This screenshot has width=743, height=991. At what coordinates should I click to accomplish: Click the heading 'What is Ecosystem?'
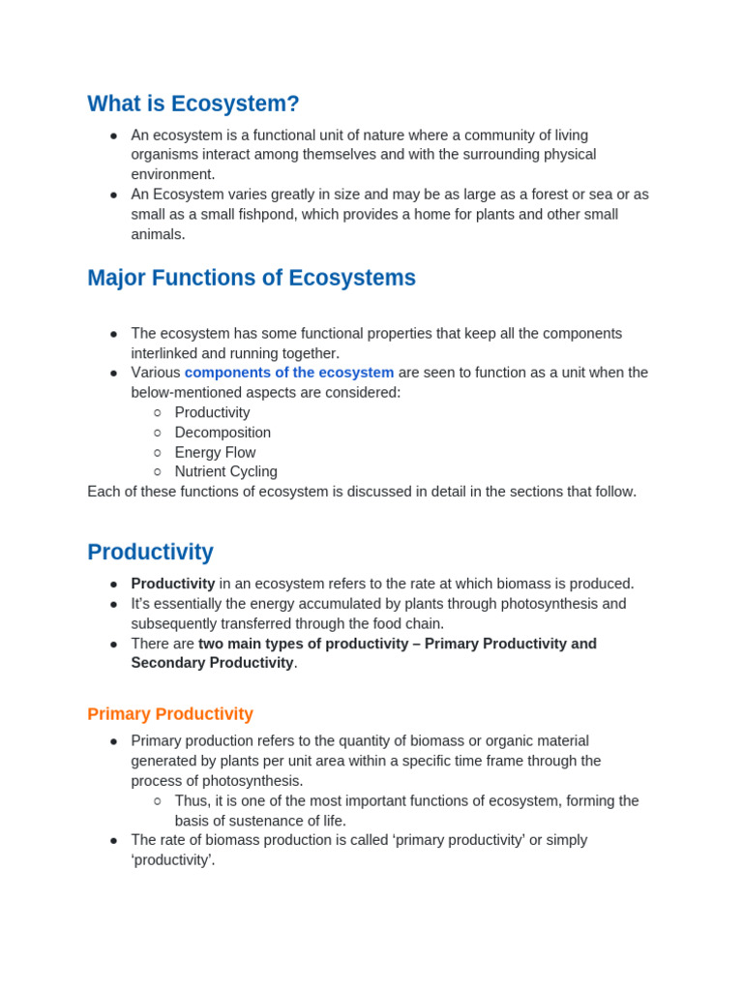(193, 104)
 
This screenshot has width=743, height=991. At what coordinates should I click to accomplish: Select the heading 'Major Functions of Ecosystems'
(252, 278)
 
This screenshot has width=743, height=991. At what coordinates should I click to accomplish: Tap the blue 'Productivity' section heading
(150, 552)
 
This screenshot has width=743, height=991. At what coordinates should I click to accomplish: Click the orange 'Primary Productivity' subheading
(170, 714)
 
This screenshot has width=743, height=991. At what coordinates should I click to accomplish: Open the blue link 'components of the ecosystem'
(289, 373)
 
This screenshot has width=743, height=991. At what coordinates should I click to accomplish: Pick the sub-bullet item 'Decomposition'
(223, 433)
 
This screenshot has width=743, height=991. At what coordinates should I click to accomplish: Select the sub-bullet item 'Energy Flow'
(215, 452)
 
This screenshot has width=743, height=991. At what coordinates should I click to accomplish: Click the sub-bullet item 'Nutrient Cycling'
(225, 472)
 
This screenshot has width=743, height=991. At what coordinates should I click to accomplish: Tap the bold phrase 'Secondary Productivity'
(212, 663)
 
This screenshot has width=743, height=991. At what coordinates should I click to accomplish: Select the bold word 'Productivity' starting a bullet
(173, 584)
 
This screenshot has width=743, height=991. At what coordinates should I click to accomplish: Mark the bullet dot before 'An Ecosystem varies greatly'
(113, 195)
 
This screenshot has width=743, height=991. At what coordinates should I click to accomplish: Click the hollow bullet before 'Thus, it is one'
(158, 801)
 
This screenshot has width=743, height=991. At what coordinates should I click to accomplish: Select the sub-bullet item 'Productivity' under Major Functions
(212, 412)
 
